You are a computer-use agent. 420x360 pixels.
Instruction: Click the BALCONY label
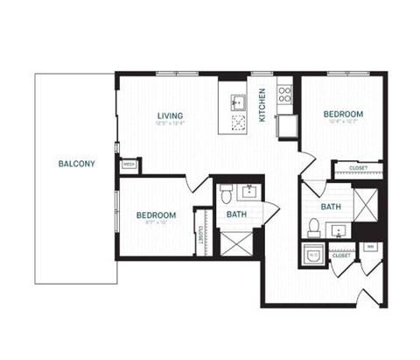(77, 164)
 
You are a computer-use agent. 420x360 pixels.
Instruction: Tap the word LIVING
(170, 115)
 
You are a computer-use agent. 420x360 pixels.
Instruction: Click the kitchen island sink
(236, 102)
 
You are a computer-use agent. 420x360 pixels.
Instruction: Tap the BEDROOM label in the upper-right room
(343, 114)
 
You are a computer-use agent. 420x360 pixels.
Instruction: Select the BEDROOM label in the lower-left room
(156, 215)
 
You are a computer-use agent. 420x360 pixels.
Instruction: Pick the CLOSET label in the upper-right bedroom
(357, 167)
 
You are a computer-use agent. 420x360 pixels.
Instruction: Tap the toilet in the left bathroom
(225, 193)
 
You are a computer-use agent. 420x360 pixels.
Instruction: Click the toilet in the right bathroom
(314, 227)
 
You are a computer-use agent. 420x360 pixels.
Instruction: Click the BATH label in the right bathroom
(331, 208)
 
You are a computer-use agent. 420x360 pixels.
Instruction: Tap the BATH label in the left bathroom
(236, 215)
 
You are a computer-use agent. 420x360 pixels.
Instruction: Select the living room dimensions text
(170, 124)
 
